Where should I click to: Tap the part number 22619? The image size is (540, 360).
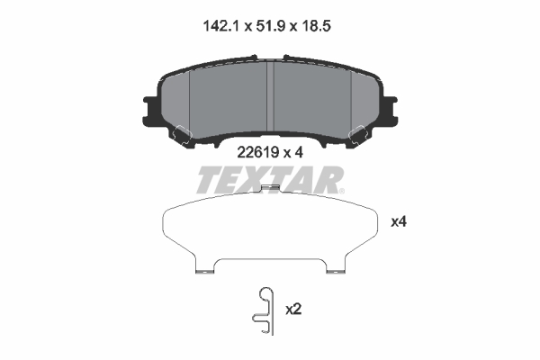256,153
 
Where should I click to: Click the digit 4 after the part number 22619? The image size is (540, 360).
300,153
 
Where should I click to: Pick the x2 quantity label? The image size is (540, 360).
292,309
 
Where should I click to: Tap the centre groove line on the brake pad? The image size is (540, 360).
271,99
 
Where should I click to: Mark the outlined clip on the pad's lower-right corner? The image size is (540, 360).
359,133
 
